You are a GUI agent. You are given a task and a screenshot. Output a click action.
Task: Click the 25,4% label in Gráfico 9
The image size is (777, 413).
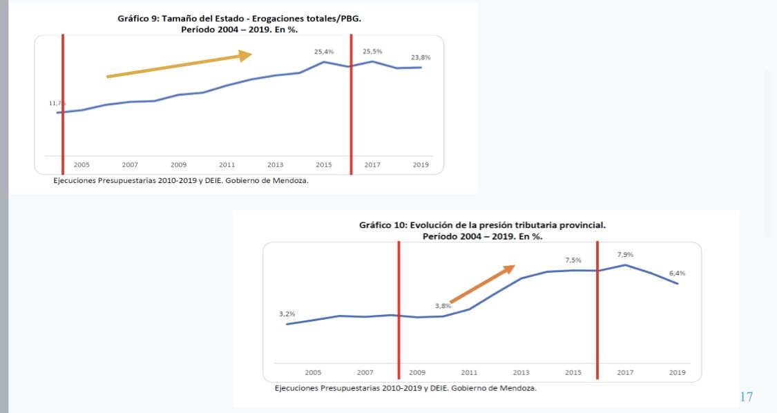coord(324,52)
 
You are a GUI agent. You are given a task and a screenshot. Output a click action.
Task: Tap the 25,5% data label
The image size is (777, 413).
coord(372,52)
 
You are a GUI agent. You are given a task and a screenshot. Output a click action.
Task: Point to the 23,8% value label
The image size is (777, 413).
coord(421,57)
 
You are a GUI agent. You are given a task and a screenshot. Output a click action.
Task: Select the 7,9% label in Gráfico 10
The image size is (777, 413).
coord(625,255)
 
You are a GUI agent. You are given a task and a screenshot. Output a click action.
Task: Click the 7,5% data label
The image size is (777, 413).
coord(573,260)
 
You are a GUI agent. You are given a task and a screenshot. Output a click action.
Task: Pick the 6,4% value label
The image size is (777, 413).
coord(676,273)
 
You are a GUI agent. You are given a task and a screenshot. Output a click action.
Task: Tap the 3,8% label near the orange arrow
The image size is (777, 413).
coord(443,305)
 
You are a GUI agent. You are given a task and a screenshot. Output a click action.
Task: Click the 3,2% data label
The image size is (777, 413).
coord(287,314)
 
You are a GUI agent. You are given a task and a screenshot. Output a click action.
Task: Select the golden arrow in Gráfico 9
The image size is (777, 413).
coord(179,66)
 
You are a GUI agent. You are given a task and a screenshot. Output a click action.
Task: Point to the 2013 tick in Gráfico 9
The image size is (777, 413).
coord(276,165)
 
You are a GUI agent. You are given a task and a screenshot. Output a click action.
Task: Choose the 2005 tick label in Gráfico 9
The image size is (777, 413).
coord(81,165)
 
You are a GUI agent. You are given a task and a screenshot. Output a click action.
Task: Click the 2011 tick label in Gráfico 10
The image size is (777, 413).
coord(469,372)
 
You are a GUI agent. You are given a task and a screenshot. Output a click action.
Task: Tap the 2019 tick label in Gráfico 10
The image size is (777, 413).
coord(677,372)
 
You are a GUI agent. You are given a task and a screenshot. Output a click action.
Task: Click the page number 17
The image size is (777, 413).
coord(746,397)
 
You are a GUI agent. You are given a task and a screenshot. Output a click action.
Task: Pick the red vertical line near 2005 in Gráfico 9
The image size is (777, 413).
coord(63,104)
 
